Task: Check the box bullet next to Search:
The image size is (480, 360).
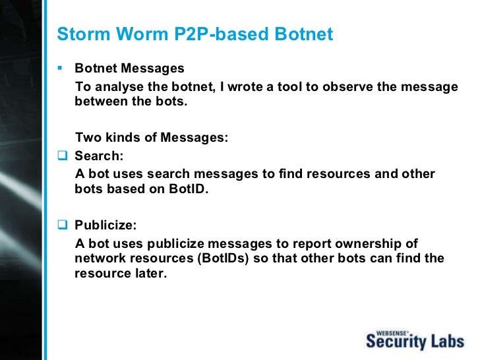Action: coord(62,157)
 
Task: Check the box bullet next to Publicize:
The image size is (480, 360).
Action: coord(62,225)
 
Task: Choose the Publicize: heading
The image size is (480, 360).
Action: coord(106,225)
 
